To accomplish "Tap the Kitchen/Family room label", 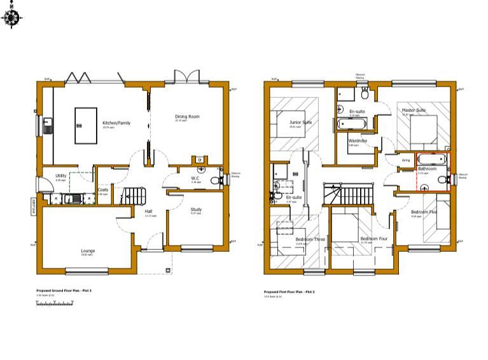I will (116, 123).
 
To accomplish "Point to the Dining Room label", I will (188, 116).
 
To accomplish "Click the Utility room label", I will (61, 176).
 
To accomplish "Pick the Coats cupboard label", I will (103, 190).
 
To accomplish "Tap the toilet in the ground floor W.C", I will (216, 181).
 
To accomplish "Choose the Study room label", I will (196, 209).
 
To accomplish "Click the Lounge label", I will (88, 251).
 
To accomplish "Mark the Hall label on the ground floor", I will (148, 211).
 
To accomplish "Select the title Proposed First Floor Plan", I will (289, 292).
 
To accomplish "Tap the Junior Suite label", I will (300, 122).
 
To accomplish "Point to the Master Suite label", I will (414, 110).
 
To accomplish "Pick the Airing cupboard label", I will (406, 161).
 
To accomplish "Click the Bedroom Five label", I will (424, 212).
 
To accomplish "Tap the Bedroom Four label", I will (373, 239).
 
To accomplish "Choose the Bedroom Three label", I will (310, 239).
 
